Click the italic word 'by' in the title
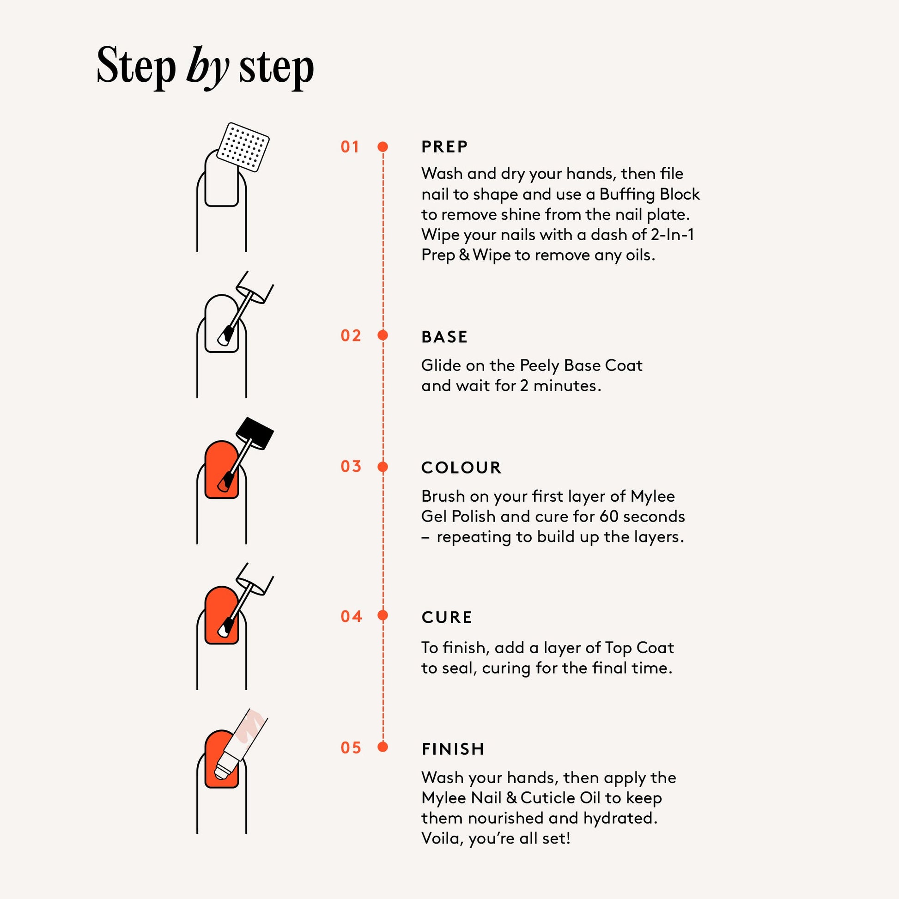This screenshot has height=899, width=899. [x=207, y=68]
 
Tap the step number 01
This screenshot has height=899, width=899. [x=350, y=147]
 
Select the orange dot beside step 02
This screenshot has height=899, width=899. [x=383, y=335]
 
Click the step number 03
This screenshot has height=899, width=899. [x=351, y=467]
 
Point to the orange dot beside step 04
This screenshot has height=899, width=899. [x=383, y=616]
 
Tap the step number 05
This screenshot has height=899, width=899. [x=351, y=748]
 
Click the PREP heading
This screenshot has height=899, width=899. [x=444, y=147]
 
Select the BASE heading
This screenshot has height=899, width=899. [x=444, y=337]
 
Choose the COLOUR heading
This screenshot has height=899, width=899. [x=461, y=468]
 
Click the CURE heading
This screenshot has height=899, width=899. [x=447, y=618]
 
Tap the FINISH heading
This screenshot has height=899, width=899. [x=453, y=749]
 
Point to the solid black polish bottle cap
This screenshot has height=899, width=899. [x=255, y=433]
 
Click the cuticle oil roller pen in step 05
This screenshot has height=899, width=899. [x=240, y=745]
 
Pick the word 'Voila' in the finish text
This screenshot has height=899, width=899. [x=442, y=838]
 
